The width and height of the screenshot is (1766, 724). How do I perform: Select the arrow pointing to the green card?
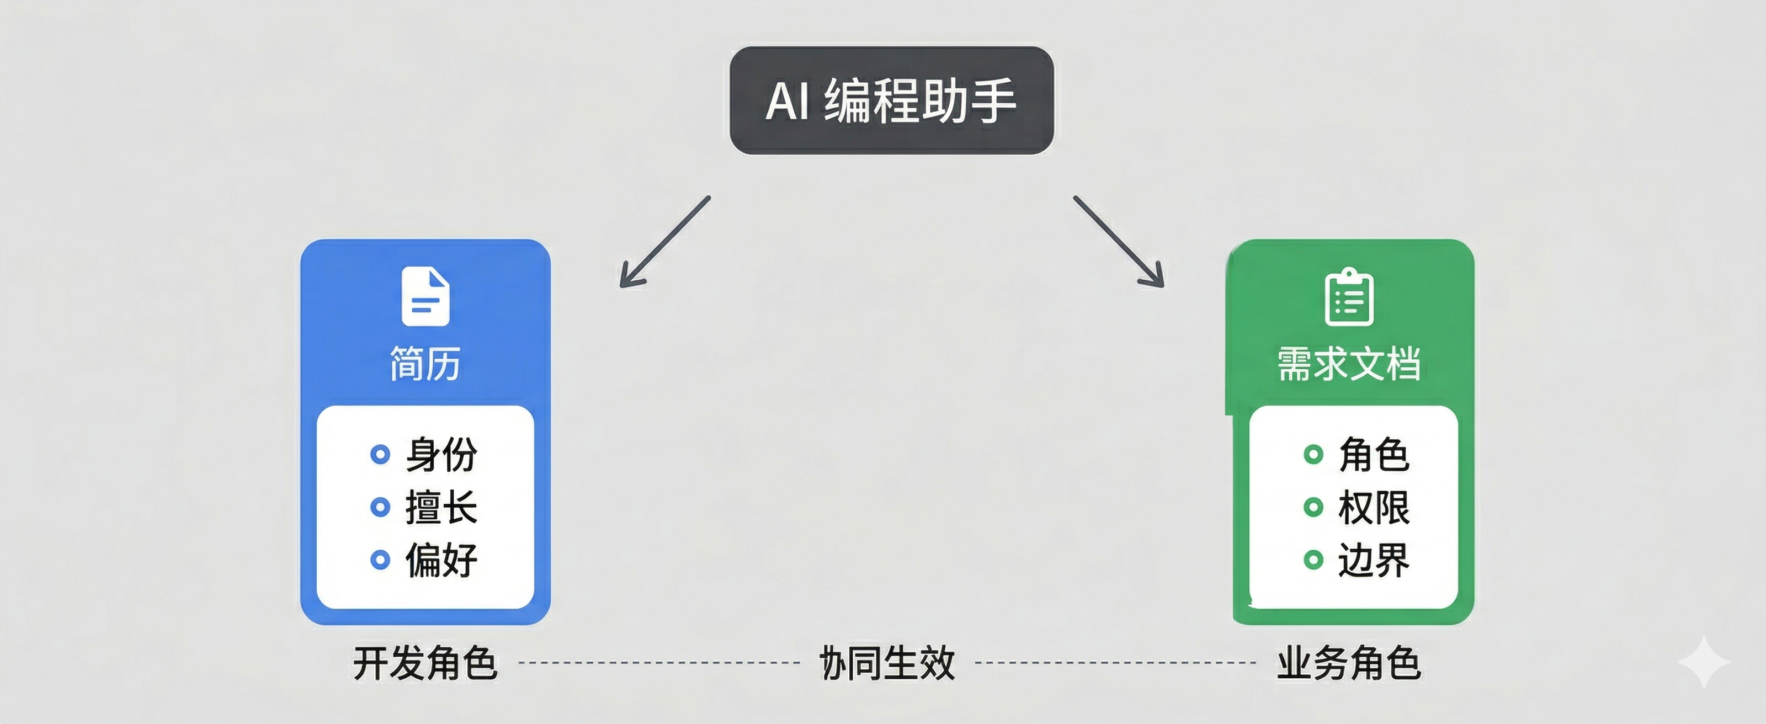pyautogui.click(x=1119, y=241)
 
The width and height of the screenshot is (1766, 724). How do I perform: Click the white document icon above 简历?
pyautogui.click(x=425, y=296)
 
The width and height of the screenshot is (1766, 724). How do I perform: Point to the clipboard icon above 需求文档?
pyautogui.click(x=1348, y=296)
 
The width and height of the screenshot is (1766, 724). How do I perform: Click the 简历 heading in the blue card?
pyautogui.click(x=425, y=363)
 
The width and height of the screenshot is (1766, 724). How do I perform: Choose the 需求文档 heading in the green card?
pyautogui.click(x=1348, y=363)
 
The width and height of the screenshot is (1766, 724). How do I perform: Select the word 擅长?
pyautogui.click(x=441, y=507)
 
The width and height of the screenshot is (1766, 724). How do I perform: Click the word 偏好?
pyautogui.click(x=441, y=560)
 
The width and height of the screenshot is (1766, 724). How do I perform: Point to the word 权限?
pyautogui.click(x=1374, y=507)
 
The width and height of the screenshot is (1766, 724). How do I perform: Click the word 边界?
pyautogui.click(x=1374, y=560)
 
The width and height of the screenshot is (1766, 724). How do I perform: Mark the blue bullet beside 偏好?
pyautogui.click(x=380, y=560)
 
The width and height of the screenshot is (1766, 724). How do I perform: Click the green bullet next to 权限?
pyautogui.click(x=1313, y=507)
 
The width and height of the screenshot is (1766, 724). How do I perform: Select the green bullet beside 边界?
pyautogui.click(x=1313, y=560)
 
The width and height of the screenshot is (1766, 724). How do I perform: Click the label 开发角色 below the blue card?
pyautogui.click(x=425, y=663)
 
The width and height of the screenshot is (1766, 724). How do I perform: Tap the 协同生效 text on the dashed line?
pyautogui.click(x=887, y=663)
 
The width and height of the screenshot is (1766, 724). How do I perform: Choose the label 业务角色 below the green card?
pyautogui.click(x=1348, y=663)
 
